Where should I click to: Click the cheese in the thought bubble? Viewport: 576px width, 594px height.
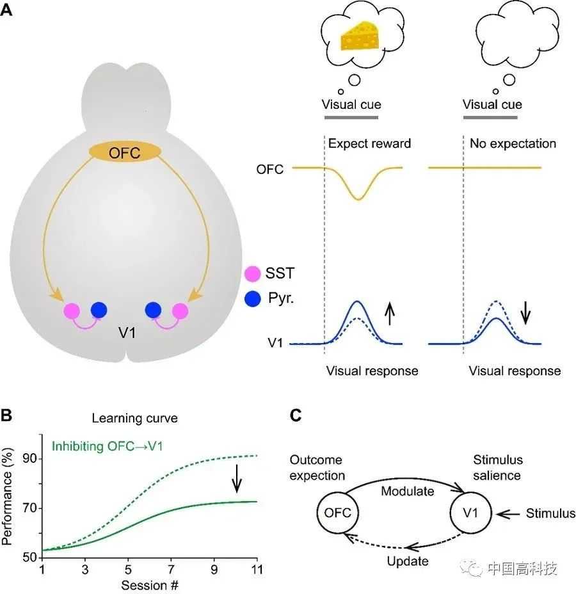360,36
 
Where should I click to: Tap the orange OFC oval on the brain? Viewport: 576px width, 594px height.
125,152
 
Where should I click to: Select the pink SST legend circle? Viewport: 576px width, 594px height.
253,273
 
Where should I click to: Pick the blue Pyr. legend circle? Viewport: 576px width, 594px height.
253,298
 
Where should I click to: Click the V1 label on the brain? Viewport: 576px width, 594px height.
127,333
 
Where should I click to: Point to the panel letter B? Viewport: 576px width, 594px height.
6,415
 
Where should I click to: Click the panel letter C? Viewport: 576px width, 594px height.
296,415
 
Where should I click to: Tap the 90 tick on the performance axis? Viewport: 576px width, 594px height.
29,458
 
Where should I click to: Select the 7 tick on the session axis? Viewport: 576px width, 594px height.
171,570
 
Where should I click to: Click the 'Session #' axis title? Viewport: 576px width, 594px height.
150,585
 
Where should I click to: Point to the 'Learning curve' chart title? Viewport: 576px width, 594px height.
135,418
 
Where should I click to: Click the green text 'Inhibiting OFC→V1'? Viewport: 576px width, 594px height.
108,446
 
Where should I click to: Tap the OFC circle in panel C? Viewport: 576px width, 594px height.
337,513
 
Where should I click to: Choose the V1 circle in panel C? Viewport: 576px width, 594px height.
471,513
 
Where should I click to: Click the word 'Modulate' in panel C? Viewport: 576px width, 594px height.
408,492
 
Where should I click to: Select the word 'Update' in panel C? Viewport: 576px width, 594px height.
408,561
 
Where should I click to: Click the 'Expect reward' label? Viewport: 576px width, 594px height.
369,143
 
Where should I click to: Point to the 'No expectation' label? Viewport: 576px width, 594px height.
513,143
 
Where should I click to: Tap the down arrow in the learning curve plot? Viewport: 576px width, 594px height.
237,478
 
